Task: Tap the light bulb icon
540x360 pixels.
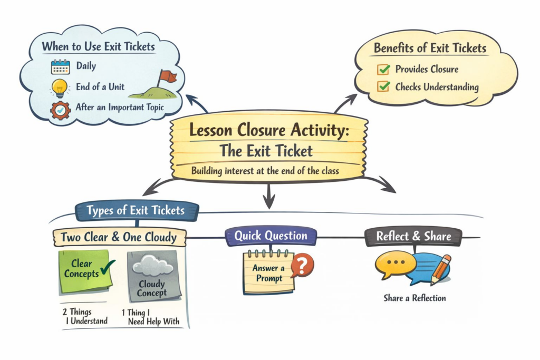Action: tap(60, 88)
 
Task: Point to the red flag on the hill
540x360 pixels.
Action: tap(168, 77)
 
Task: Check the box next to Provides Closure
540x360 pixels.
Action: tap(384, 69)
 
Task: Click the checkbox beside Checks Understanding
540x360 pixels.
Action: tap(384, 86)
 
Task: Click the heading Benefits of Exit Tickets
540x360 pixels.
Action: tap(430, 48)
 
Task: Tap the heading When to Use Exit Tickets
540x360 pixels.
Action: tap(99, 47)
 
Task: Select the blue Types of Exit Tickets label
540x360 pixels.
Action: tap(136, 211)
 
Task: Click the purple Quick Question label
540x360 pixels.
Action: tap(271, 236)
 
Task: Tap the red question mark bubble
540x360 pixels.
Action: tap(302, 265)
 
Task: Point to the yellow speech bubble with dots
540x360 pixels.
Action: tap(393, 265)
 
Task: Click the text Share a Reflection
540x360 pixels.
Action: tap(414, 298)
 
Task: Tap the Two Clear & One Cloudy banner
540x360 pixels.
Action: tap(119, 237)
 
